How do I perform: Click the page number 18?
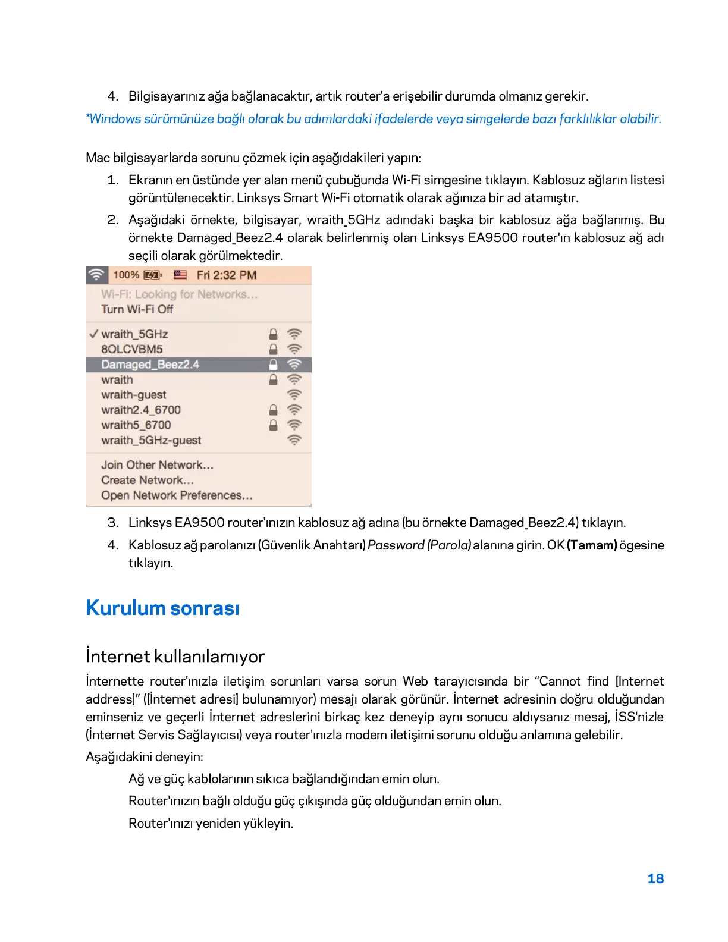[x=655, y=878]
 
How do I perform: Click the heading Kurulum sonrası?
[x=162, y=608]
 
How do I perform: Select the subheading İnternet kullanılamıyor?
[x=175, y=656]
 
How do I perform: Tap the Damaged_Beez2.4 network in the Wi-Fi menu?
[x=150, y=365]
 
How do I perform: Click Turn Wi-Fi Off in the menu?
[x=137, y=309]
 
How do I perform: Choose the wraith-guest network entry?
[x=134, y=395]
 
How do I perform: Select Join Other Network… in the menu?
[x=157, y=465]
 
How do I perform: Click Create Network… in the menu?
[x=148, y=480]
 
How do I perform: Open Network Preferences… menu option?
[x=177, y=495]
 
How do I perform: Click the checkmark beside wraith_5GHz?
[x=93, y=334]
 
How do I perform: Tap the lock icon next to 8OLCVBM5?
[x=273, y=349]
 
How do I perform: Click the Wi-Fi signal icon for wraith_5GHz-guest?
[x=294, y=440]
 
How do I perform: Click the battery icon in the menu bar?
[x=153, y=275]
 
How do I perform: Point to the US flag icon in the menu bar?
[x=180, y=275]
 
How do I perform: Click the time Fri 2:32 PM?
[x=227, y=275]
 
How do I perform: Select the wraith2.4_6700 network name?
[x=141, y=410]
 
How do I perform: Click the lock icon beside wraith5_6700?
[x=273, y=425]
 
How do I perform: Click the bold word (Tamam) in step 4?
[x=592, y=545]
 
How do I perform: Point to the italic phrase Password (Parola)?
[x=419, y=545]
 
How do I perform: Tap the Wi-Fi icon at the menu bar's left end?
[x=96, y=275]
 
